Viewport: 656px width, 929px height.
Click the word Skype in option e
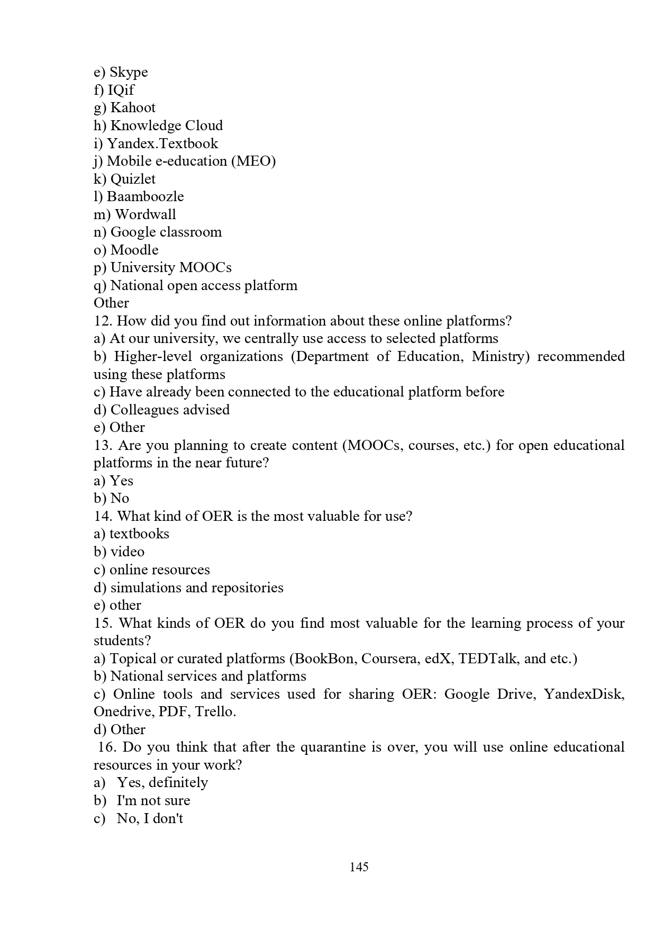click(129, 73)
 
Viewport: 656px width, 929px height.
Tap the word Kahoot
click(133, 108)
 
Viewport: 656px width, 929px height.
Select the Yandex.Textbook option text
click(162, 143)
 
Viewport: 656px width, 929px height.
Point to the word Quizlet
click(133, 179)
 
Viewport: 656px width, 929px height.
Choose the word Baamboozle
click(145, 196)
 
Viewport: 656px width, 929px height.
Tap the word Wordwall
click(145, 214)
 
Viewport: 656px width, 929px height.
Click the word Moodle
click(134, 250)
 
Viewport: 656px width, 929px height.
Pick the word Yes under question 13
click(121, 481)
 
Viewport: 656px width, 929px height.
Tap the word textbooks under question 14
click(139, 534)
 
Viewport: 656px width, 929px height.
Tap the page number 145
click(359, 867)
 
